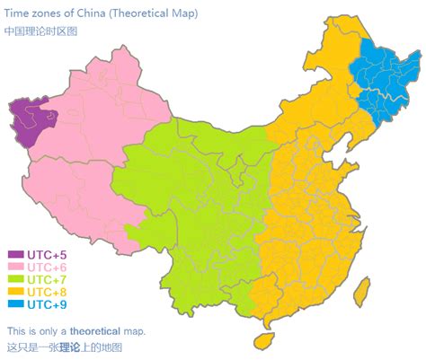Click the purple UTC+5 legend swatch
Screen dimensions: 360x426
(16, 254)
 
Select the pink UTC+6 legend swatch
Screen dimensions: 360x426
(16, 267)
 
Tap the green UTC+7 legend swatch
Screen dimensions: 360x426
(16, 279)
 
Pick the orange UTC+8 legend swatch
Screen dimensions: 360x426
(16, 292)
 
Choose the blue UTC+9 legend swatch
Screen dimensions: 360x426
(16, 304)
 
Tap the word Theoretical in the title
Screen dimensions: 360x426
(143, 14)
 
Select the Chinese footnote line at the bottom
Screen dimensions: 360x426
(64, 347)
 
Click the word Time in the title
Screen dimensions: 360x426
(18, 14)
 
